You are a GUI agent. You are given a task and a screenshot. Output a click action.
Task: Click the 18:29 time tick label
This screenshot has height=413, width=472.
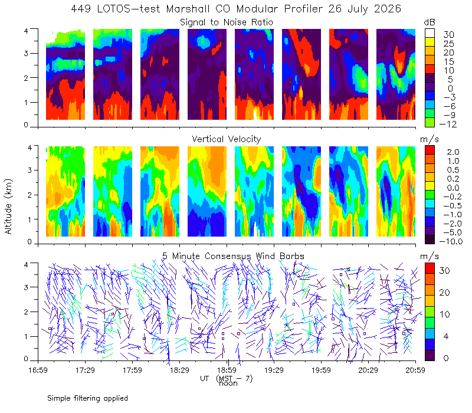(x=179, y=370)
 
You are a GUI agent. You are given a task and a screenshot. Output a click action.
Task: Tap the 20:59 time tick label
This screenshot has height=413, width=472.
(x=415, y=370)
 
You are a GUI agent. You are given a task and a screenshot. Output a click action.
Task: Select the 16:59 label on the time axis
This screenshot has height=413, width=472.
(x=38, y=370)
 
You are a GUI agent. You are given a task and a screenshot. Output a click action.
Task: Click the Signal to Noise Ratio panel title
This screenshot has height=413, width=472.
(x=227, y=22)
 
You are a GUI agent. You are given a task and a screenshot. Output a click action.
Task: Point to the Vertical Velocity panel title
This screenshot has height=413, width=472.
(x=227, y=139)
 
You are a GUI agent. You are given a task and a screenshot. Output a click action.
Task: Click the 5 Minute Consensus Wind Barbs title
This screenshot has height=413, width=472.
(x=233, y=256)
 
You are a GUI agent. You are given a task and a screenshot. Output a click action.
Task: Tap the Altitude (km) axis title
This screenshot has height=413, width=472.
(x=8, y=206)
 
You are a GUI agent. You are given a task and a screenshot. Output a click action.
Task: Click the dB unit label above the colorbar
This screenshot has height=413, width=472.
(x=430, y=22)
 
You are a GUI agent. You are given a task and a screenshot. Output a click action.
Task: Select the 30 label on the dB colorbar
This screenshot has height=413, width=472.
(x=448, y=35)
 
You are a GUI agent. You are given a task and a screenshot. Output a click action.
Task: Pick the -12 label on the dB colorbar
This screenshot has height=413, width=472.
(x=448, y=124)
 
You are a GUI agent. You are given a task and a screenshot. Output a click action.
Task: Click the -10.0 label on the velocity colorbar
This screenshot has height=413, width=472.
(x=451, y=241)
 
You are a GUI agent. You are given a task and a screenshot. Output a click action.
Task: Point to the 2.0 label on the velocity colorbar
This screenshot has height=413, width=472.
(x=453, y=152)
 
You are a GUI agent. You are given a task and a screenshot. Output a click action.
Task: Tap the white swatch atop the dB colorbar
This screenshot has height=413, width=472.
(x=430, y=33)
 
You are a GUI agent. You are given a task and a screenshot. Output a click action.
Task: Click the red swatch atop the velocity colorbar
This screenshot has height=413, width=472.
(x=430, y=150)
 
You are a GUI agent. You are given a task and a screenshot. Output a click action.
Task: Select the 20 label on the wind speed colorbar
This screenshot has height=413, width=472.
(x=444, y=293)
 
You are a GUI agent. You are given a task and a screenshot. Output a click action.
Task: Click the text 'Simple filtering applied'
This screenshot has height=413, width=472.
(x=87, y=398)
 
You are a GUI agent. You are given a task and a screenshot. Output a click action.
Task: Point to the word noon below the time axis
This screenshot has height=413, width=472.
(x=228, y=383)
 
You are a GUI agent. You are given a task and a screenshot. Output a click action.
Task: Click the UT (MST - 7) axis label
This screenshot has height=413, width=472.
(x=227, y=379)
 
